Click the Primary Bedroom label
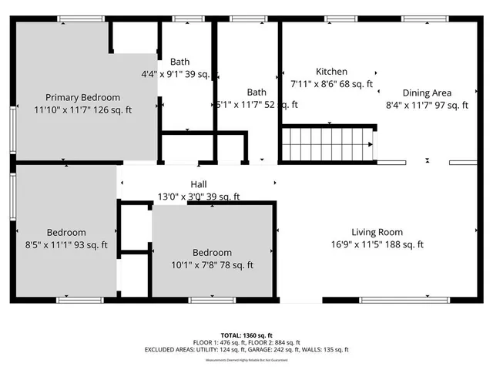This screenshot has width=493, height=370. coord(82,97)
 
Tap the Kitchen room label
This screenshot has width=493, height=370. coord(331,72)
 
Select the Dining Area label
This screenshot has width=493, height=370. coord(427,92)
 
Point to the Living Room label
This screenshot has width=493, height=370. coord(377,232)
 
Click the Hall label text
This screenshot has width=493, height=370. coord(199,184)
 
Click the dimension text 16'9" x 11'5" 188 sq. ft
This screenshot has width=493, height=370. coord(377,244)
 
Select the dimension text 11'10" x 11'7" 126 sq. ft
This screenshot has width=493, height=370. coord(82,110)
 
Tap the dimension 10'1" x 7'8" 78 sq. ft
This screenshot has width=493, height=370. coord(212,265)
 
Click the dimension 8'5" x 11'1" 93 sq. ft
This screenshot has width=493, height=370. coord(65,245)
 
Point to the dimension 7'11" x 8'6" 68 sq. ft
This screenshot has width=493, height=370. coord(331,84)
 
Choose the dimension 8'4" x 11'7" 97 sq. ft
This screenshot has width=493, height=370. coord(427,105)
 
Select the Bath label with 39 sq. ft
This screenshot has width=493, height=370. coord(180,62)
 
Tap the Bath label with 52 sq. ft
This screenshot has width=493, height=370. coord(257,92)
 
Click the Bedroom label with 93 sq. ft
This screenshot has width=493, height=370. coord(65,232)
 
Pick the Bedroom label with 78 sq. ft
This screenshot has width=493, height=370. coord(212,253)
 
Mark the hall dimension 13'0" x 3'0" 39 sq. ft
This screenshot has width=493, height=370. coord(199,197)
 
